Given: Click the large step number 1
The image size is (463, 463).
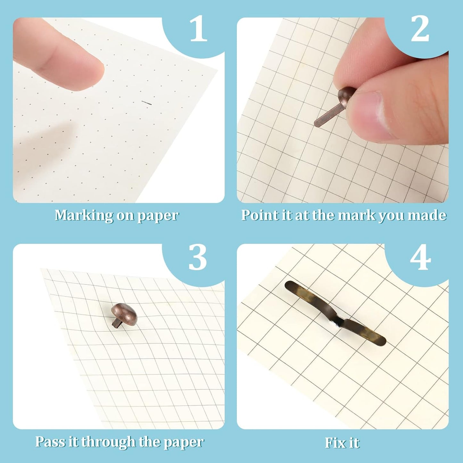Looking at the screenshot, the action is pos(198,30).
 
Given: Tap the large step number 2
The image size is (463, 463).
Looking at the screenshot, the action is pos(420,30).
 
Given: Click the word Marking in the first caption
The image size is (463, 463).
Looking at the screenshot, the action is pos(83,215).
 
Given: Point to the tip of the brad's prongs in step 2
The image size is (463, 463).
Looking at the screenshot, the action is pos(316,124).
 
